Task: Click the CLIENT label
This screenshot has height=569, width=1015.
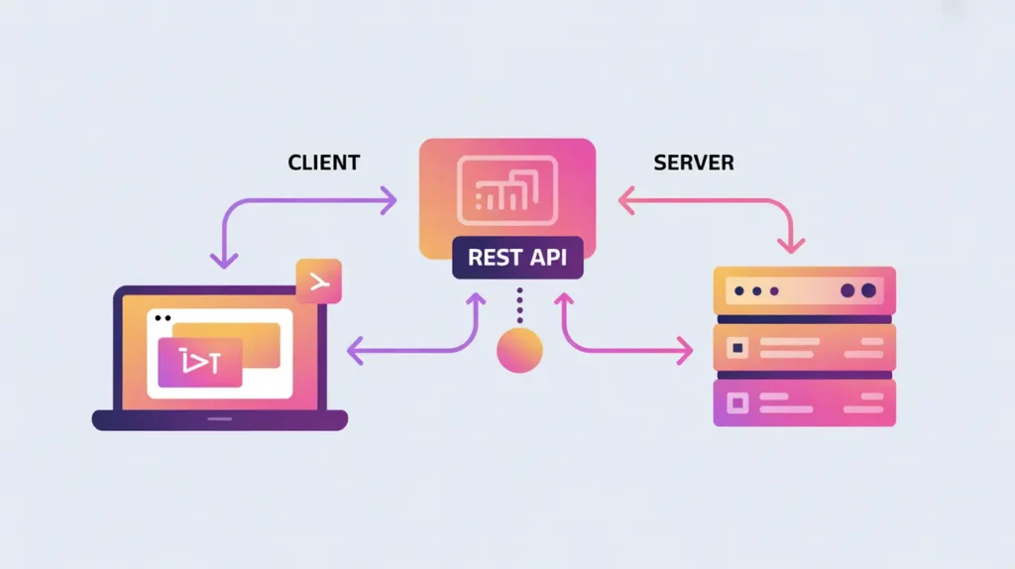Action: tap(323, 162)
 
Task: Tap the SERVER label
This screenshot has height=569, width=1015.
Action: tap(694, 162)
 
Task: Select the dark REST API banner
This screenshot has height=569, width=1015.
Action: tap(517, 258)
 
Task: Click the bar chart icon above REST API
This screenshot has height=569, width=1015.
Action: tap(507, 190)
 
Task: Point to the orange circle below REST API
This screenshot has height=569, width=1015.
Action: tap(519, 351)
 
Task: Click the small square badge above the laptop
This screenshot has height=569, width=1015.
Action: tap(318, 282)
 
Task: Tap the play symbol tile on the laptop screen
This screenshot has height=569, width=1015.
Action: tap(200, 363)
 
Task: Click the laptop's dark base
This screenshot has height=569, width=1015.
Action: tap(220, 420)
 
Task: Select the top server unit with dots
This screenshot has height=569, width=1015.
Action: tap(805, 291)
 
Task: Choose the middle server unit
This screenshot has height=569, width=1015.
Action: tap(805, 348)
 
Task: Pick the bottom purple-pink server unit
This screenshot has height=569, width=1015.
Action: tap(805, 402)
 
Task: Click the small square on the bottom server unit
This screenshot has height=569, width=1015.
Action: tap(736, 402)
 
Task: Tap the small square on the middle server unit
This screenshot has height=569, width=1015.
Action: tap(736, 348)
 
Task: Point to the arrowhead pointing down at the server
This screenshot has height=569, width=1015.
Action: tap(791, 244)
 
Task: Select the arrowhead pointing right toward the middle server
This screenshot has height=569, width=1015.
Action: tap(685, 349)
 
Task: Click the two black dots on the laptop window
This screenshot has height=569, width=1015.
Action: tap(163, 318)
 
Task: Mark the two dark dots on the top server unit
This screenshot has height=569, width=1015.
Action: tap(858, 291)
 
